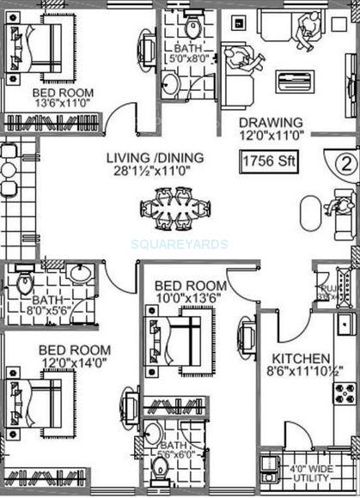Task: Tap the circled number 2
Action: coord(342,162)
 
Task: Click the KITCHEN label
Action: coord(301,357)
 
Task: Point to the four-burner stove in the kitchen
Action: coord(345,394)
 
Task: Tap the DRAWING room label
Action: coord(271,122)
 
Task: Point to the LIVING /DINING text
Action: coord(155,157)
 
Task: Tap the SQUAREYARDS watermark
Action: coord(180,244)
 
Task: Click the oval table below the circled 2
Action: coord(308,210)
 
